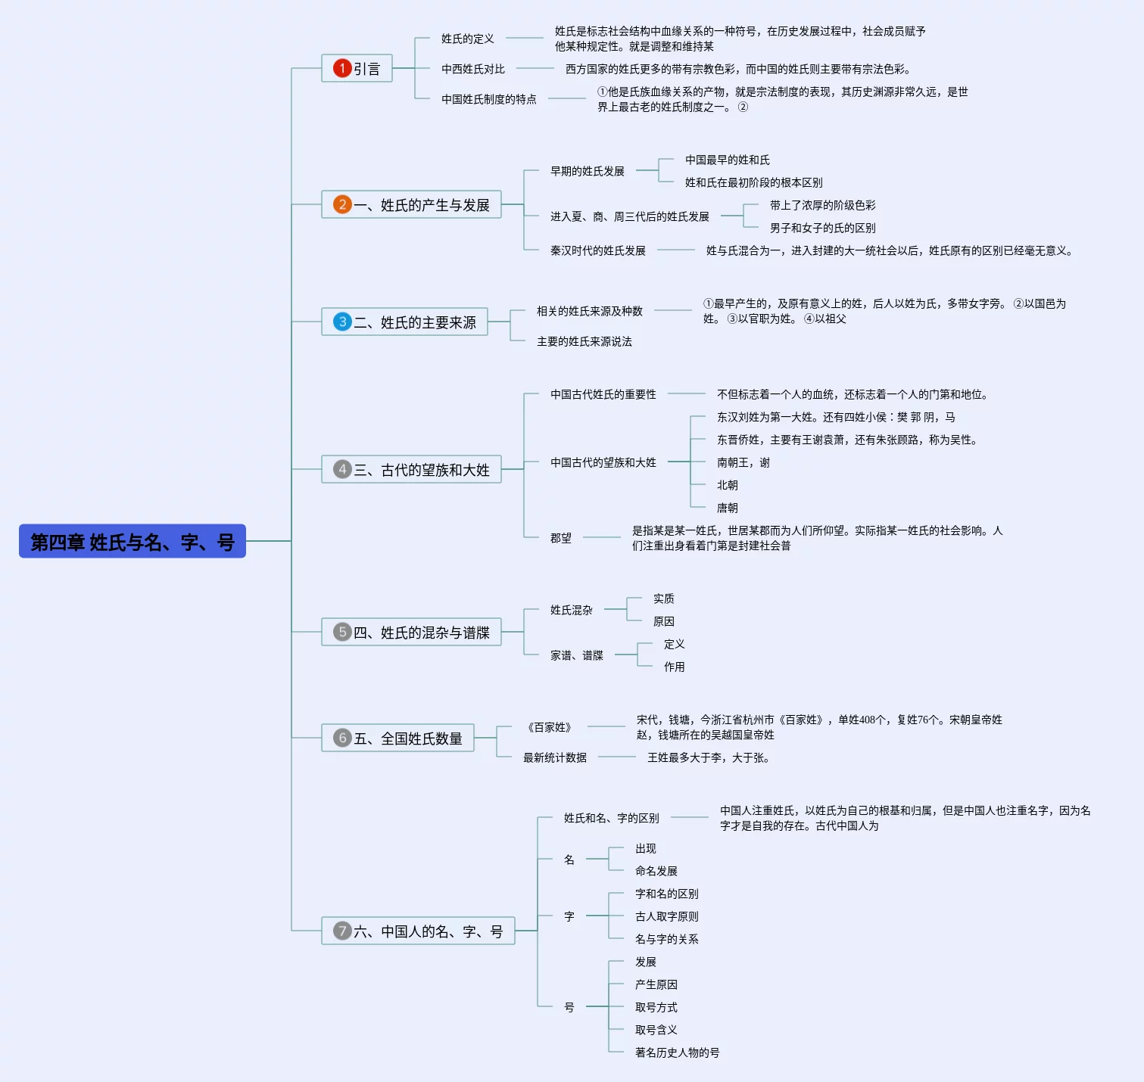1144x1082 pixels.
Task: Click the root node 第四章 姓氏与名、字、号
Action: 132,541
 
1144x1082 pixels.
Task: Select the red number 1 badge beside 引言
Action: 342,68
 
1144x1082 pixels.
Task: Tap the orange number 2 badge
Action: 342,204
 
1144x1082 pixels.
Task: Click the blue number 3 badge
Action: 342,322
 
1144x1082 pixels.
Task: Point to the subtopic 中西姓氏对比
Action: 473,69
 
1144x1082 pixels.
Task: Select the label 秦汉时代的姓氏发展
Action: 598,250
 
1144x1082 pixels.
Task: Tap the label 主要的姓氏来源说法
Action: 584,341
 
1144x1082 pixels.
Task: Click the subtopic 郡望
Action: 561,538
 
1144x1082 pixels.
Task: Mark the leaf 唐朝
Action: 728,508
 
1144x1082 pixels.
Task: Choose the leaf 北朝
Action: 728,485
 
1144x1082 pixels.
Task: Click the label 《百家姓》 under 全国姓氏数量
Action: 550,727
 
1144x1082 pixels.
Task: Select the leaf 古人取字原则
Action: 667,916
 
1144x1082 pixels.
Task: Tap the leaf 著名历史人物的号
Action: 678,1052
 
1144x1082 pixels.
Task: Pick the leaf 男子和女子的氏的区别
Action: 823,228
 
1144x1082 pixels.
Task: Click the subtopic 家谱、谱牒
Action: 577,655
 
